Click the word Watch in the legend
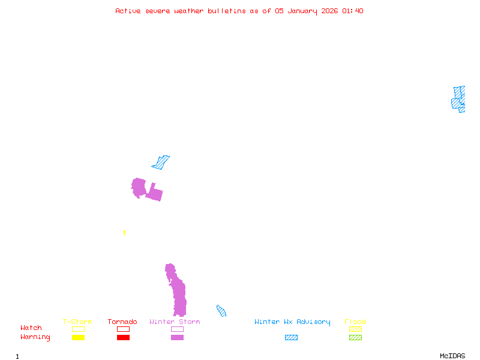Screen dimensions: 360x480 (x=31, y=328)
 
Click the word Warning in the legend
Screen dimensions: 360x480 (x=35, y=337)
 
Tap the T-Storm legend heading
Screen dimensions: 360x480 (x=77, y=322)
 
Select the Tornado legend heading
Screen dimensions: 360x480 (x=122, y=322)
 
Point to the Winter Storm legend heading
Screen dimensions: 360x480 (x=175, y=322)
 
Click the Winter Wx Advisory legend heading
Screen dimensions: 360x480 (x=292, y=322)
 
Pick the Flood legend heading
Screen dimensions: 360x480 (x=355, y=322)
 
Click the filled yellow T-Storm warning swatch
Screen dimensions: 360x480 (x=78, y=338)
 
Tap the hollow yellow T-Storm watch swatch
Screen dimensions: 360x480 (x=78, y=329)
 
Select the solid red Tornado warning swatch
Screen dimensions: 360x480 (x=123, y=338)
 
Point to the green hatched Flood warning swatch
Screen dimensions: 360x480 (x=355, y=338)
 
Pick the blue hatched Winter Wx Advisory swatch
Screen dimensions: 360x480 (x=291, y=338)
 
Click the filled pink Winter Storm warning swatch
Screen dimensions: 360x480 (x=177, y=338)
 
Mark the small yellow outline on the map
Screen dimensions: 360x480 (x=124, y=233)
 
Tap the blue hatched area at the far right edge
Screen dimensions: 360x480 (x=459, y=100)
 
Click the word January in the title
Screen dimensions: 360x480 (x=300, y=11)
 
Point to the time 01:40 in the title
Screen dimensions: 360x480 (x=353, y=11)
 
